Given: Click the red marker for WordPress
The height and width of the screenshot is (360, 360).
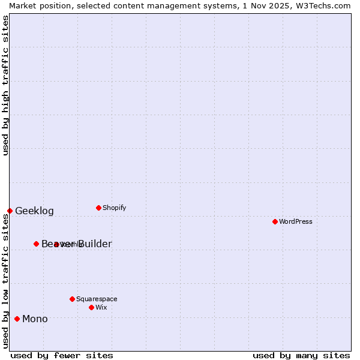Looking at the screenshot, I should [275, 221].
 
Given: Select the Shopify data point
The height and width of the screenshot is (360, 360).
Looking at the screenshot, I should [98, 208].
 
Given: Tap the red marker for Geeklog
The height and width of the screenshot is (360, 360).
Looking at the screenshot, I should [10, 211].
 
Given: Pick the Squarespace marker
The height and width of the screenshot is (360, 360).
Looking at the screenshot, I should [72, 299].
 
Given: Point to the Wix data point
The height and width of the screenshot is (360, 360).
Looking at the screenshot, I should [91, 307].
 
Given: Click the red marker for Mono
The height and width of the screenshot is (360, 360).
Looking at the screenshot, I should [17, 319].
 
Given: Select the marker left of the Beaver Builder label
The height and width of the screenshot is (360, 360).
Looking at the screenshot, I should [36, 244].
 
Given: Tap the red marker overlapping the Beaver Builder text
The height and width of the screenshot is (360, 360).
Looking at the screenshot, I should [56, 244].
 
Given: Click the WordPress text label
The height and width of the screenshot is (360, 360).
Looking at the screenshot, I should [296, 221].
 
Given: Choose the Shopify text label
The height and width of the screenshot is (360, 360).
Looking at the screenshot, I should [114, 208].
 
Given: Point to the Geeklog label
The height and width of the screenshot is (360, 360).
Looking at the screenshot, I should [34, 211].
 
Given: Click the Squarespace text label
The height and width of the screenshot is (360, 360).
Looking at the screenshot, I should [97, 299].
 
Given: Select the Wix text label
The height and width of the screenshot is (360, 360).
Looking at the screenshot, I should [101, 307].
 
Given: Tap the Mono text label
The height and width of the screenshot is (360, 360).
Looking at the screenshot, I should [35, 319].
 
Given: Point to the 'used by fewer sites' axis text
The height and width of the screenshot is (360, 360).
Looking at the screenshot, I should [62, 355].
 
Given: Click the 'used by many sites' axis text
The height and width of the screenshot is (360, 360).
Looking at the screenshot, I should [301, 355].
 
